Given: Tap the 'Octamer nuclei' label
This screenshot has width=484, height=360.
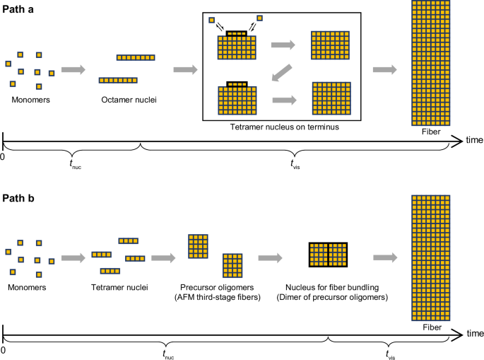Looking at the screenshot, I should pos(129,100).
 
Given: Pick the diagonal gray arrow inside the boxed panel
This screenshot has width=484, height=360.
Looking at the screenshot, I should pos(282,71).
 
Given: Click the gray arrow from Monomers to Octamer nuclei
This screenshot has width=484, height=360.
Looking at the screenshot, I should pos(73,69).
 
